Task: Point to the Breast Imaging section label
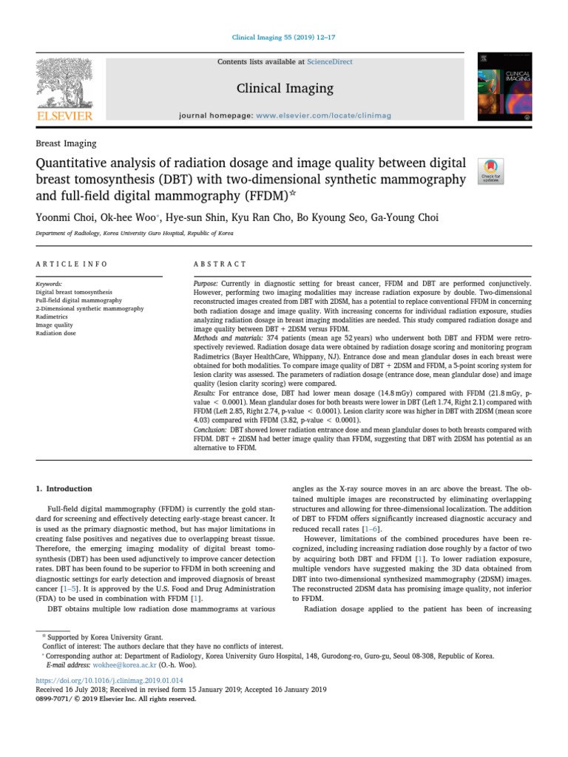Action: [66, 143]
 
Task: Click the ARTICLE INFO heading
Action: [72, 264]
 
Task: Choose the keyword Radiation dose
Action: [56, 333]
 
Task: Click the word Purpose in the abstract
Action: [205, 284]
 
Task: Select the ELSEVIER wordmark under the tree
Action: [65, 116]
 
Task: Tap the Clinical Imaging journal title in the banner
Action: [284, 89]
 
